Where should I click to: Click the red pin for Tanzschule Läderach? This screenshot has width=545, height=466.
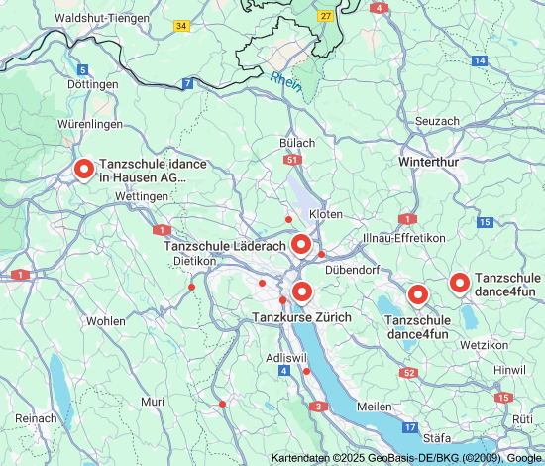click(x=300, y=244)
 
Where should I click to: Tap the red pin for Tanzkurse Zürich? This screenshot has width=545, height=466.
click(x=301, y=291)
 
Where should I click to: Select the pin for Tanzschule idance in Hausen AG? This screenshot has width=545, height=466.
click(x=84, y=170)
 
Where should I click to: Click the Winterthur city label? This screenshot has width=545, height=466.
click(x=427, y=161)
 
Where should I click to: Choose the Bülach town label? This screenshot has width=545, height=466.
click(x=298, y=143)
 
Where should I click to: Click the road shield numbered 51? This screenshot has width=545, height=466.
click(x=290, y=159)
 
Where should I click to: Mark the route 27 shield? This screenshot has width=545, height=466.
click(x=325, y=16)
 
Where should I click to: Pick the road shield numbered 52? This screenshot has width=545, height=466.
click(x=409, y=372)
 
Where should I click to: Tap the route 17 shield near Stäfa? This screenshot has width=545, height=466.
click(x=410, y=426)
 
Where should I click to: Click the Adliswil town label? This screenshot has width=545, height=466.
click(x=287, y=355)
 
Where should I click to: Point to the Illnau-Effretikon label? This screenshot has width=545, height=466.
click(x=403, y=239)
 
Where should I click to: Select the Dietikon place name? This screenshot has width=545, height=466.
click(x=194, y=261)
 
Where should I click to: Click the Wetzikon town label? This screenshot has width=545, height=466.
click(x=484, y=344)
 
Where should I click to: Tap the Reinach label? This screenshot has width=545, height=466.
click(x=36, y=418)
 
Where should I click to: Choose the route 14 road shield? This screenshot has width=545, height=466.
click(x=480, y=60)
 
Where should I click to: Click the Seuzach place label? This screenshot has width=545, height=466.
click(x=437, y=121)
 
